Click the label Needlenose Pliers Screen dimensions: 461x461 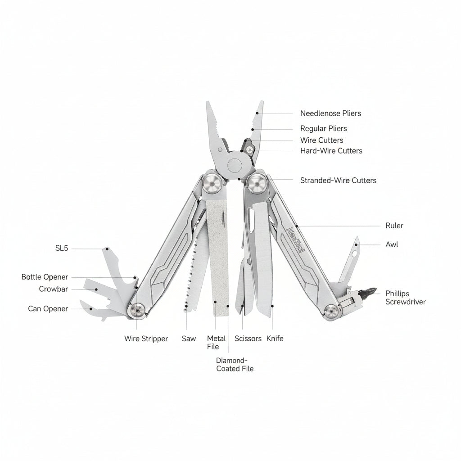330,113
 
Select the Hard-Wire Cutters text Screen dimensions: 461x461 331,151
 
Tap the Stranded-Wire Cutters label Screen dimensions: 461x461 338,181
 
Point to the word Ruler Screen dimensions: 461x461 394,226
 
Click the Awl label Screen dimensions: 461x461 392,244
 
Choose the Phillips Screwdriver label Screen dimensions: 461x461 406,298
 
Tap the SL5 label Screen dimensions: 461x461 62,249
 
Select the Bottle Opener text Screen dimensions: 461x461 45,277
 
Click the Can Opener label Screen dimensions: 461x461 48,309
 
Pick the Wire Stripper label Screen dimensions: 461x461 146,339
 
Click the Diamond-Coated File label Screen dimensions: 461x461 235,365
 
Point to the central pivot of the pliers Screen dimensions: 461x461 235,166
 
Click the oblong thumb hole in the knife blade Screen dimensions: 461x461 251,220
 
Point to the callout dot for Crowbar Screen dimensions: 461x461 96,289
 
